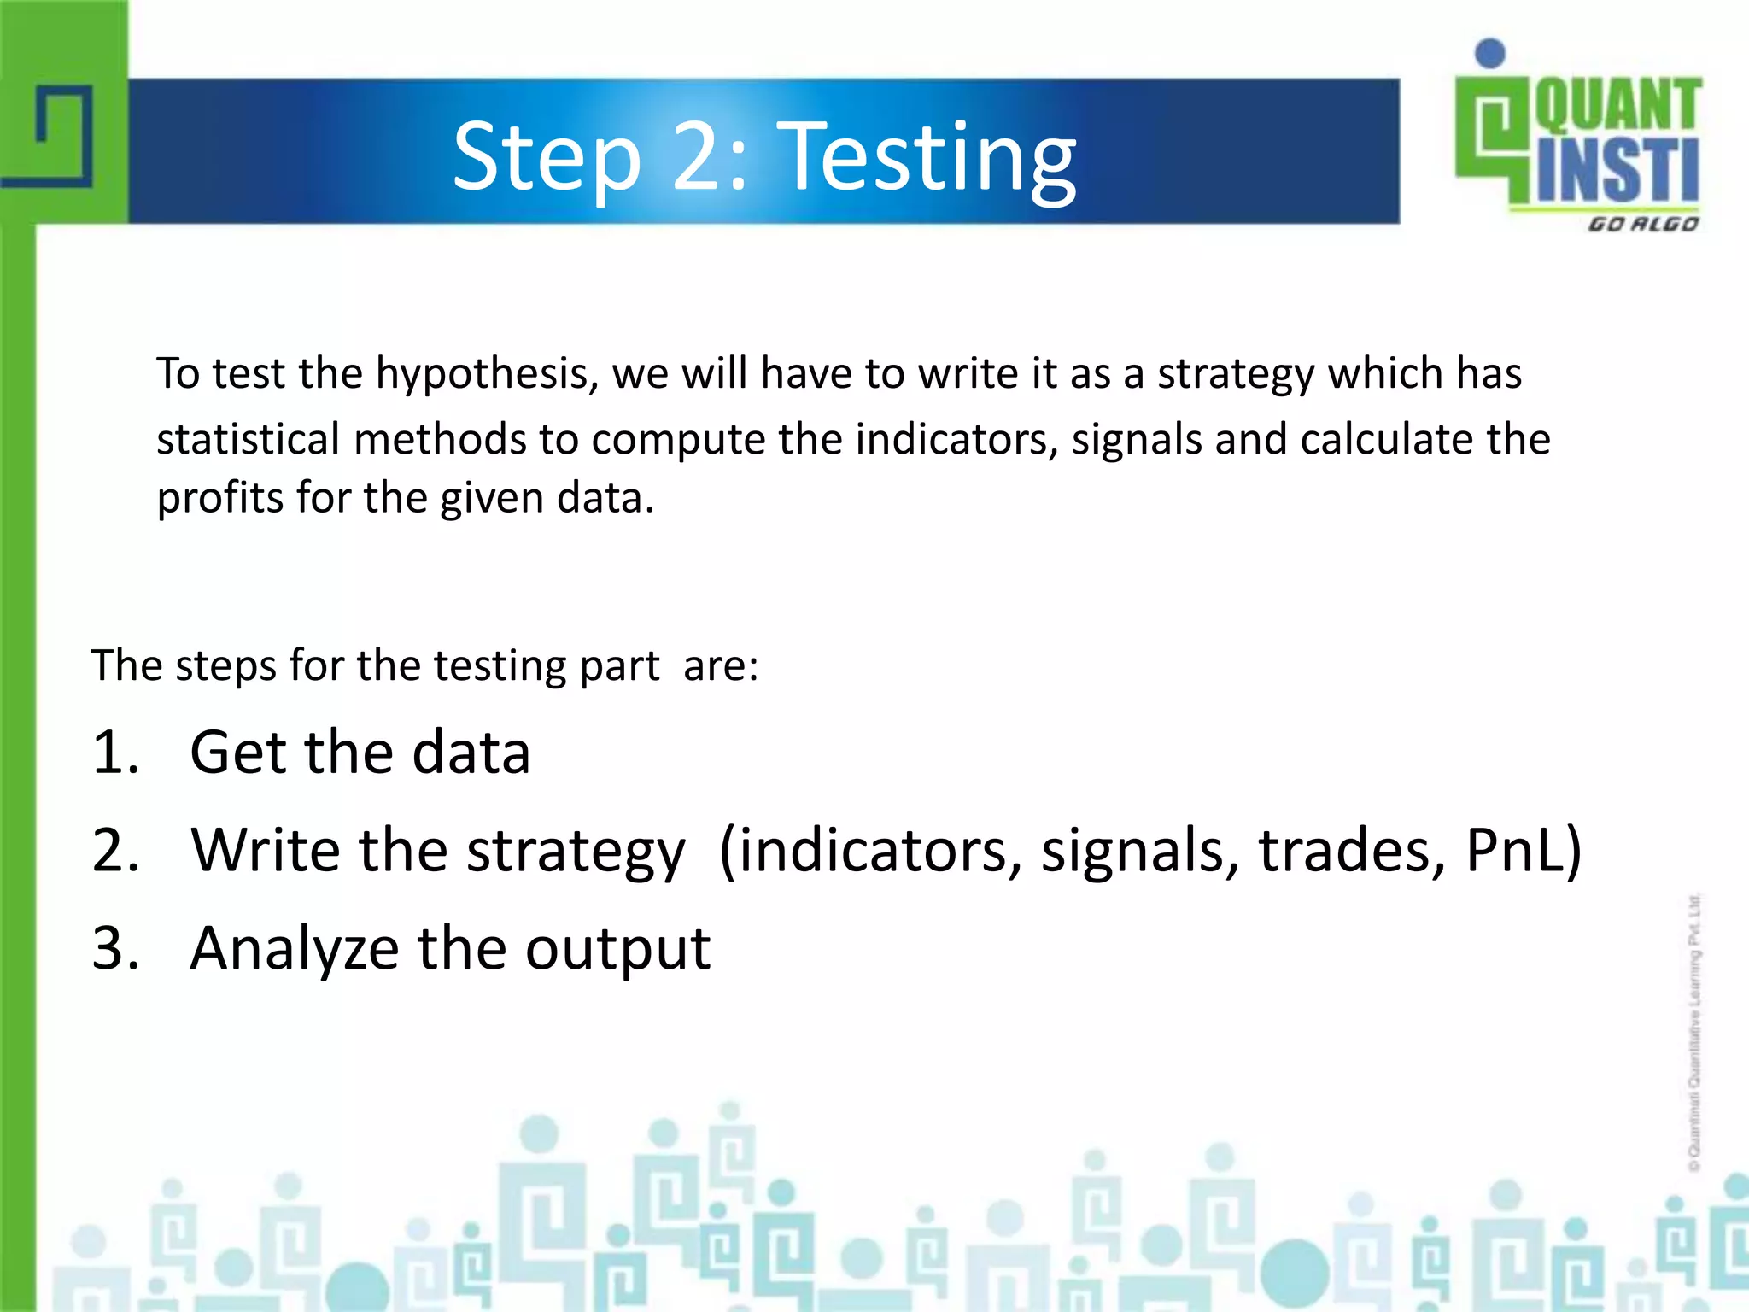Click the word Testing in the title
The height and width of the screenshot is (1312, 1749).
coord(929,157)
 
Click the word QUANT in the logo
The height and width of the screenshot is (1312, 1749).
coord(1617,104)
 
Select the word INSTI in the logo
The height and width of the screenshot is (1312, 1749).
coord(1617,171)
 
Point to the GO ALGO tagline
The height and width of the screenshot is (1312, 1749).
coord(1642,225)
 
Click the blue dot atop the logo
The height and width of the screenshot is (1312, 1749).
coord(1490,53)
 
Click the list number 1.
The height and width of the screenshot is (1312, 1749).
coord(114,753)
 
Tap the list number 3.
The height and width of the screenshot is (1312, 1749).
coord(114,948)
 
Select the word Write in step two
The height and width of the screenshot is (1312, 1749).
coord(266,851)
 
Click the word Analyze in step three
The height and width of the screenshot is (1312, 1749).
coord(294,950)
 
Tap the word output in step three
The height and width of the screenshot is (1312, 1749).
coord(617,950)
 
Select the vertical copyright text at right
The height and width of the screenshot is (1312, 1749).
coord(1694,1032)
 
